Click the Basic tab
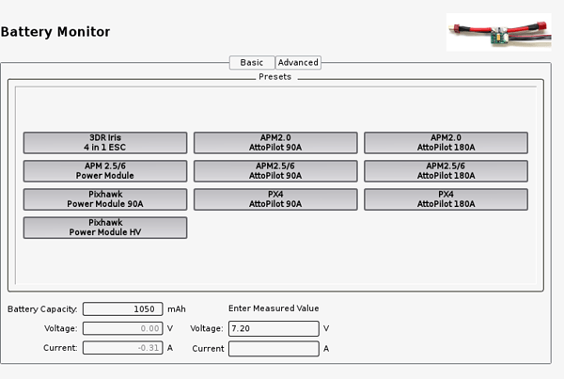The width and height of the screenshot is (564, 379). (252, 63)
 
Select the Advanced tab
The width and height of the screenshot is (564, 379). (298, 63)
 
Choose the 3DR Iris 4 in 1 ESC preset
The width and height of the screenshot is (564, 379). (105, 143)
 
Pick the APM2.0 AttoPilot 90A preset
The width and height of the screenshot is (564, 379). (275, 143)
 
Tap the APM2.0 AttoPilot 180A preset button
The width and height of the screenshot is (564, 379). (446, 143)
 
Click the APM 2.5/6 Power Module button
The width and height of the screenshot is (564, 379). (105, 171)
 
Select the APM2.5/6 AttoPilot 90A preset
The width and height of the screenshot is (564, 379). (275, 171)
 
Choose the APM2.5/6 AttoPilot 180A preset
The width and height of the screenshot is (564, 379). (446, 171)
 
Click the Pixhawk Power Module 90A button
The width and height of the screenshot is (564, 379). (105, 199)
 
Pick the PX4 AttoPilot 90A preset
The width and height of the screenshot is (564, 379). (275, 199)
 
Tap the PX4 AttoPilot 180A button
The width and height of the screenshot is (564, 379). (446, 199)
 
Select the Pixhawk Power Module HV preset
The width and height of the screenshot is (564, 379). (105, 228)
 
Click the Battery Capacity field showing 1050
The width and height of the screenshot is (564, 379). (122, 308)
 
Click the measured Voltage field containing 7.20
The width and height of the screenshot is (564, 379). (274, 328)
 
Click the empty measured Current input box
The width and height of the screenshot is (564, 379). (274, 348)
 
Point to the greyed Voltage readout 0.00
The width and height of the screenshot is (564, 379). (122, 328)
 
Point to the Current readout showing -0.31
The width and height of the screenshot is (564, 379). (122, 348)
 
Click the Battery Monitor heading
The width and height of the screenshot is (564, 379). (55, 32)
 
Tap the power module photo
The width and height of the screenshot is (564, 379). (499, 32)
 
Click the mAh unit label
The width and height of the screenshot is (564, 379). (177, 309)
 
